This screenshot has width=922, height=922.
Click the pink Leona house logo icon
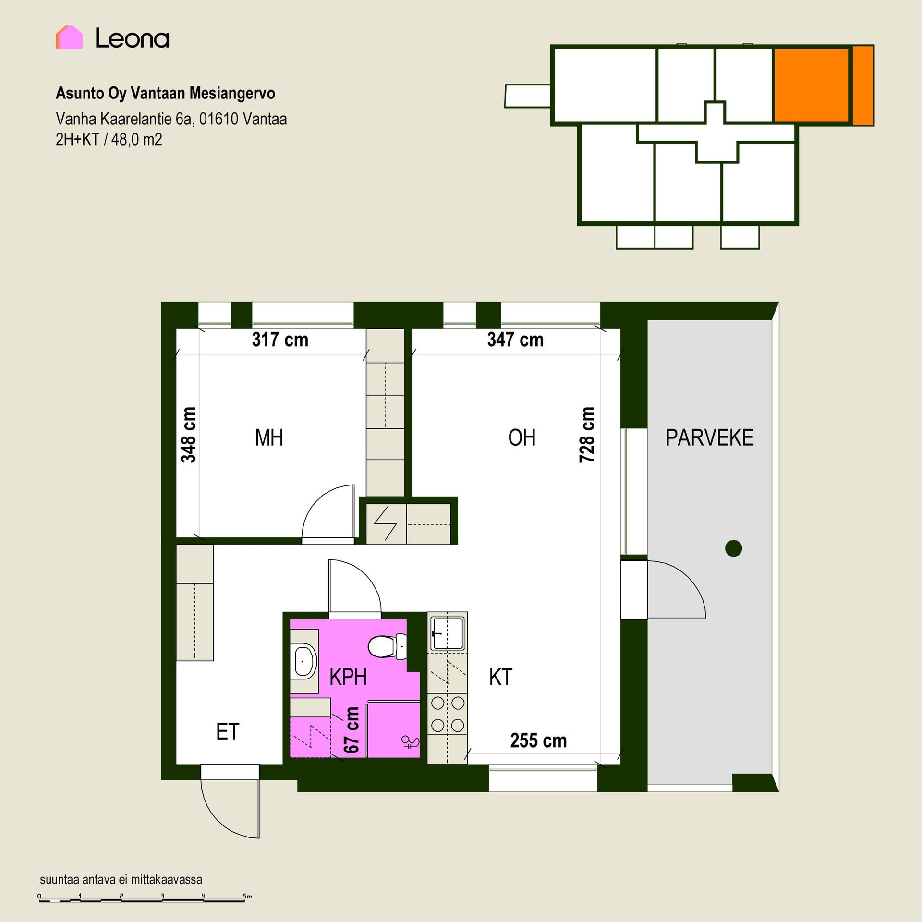pyautogui.click(x=69, y=37)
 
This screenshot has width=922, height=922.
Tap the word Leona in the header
pyautogui.click(x=132, y=38)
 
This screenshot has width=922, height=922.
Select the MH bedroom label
pyautogui.click(x=269, y=437)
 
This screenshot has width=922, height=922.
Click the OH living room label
pyautogui.click(x=522, y=437)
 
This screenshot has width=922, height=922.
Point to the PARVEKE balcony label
pyautogui.click(x=709, y=437)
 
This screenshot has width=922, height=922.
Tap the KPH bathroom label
pyautogui.click(x=348, y=677)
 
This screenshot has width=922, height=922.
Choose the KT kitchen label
pyautogui.click(x=500, y=677)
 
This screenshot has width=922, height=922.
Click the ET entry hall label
pyautogui.click(x=227, y=732)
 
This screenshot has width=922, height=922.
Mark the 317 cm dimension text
pyautogui.click(x=280, y=340)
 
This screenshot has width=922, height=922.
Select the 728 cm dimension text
pyautogui.click(x=587, y=435)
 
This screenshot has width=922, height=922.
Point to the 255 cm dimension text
pyautogui.click(x=538, y=740)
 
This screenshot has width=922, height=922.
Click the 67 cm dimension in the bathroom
pyautogui.click(x=352, y=730)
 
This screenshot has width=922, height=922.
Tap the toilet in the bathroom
pyautogui.click(x=388, y=646)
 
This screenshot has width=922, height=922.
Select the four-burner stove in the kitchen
pyautogui.click(x=448, y=714)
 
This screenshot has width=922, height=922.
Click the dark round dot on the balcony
pyautogui.click(x=733, y=548)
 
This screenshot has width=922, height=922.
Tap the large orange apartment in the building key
pyautogui.click(x=811, y=85)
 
